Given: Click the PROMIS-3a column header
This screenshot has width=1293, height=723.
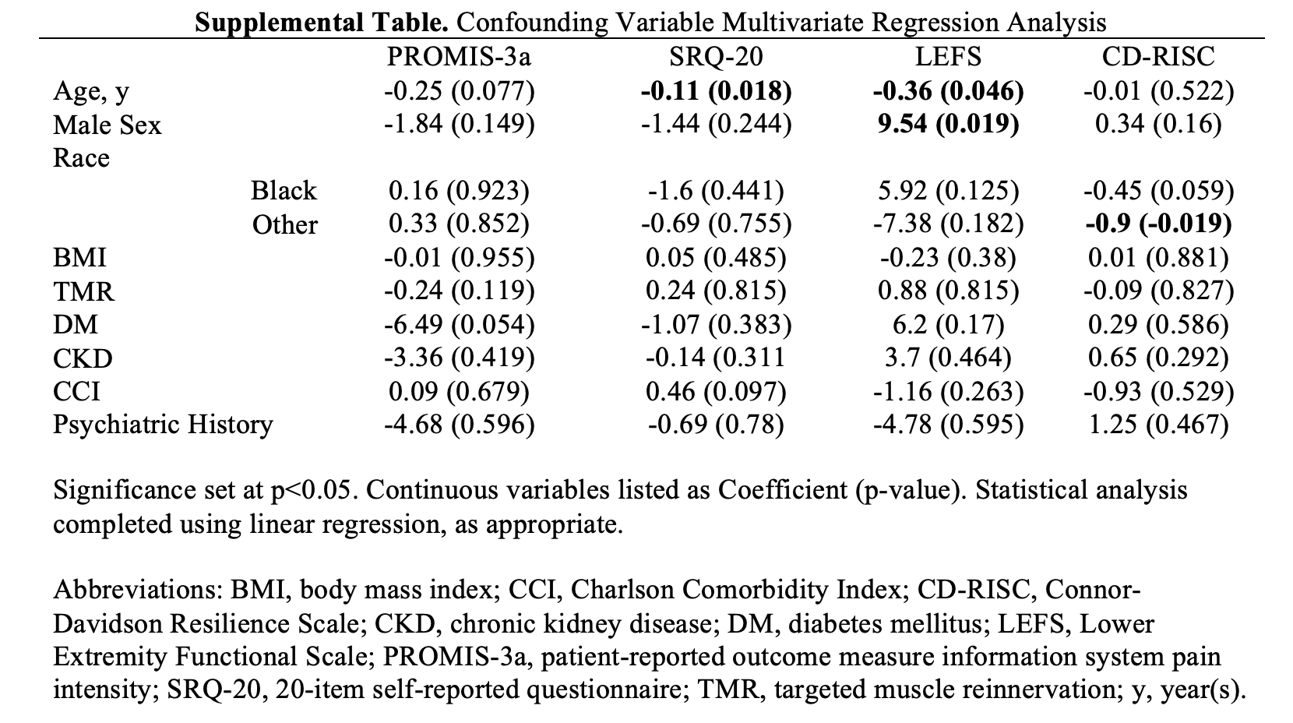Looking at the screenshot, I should click(x=460, y=57).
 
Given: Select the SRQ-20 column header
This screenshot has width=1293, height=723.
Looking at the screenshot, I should click(x=716, y=57).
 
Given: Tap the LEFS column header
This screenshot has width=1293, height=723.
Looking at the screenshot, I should click(x=948, y=57).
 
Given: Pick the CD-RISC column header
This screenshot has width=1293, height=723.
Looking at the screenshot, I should click(x=1157, y=57).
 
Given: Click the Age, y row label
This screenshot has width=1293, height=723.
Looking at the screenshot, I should click(x=91, y=92).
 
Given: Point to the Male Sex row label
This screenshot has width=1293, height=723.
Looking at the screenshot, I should click(x=107, y=125).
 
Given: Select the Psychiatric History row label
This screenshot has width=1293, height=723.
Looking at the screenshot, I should click(x=163, y=425).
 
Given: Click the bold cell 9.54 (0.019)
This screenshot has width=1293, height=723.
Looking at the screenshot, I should click(x=948, y=125).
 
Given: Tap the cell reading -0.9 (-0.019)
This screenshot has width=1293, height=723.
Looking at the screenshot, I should click(x=1158, y=224).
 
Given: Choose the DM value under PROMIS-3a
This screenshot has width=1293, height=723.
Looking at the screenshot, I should click(x=460, y=324).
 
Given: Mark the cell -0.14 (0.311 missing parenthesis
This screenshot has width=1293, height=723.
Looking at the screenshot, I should click(x=716, y=358).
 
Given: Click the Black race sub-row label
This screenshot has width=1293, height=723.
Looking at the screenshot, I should click(x=284, y=191).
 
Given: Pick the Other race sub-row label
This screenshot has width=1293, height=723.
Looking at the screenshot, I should click(x=285, y=224).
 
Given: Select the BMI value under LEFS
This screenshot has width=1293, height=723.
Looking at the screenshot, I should click(x=948, y=258).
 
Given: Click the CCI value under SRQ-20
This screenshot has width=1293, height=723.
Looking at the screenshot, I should click(x=716, y=391).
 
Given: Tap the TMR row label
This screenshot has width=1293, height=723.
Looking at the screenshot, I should click(x=83, y=291).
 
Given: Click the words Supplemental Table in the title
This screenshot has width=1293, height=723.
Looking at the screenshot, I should click(x=321, y=23).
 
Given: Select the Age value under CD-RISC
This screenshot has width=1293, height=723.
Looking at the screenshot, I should click(x=1158, y=92).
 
